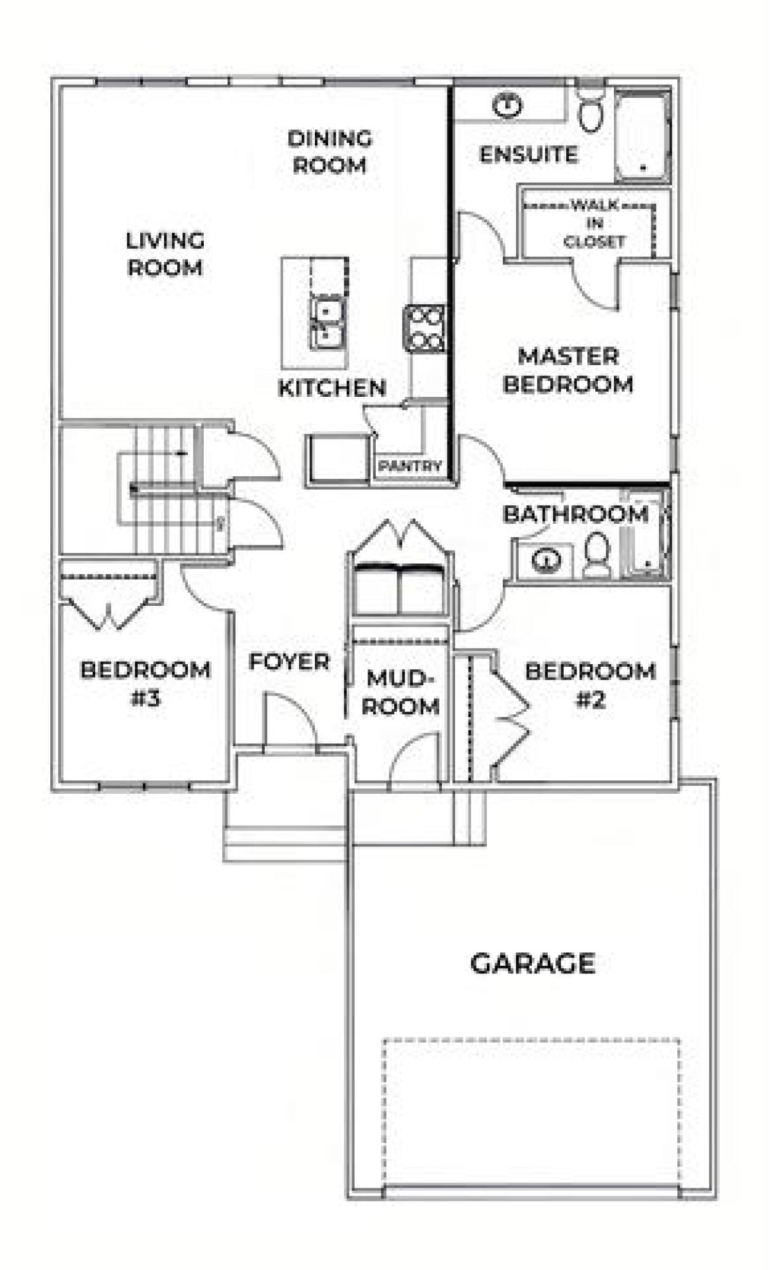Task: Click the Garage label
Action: [x=533, y=963]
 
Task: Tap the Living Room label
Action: [x=165, y=254]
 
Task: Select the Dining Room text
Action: [x=329, y=152]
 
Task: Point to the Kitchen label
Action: [x=332, y=387]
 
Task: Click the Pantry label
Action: [x=409, y=466]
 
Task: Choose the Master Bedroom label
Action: [x=568, y=370]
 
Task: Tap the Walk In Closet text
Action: [x=594, y=224]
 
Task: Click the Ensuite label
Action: [x=529, y=154]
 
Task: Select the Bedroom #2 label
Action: [x=590, y=685]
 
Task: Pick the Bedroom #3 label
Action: [x=146, y=684]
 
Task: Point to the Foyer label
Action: [x=289, y=662]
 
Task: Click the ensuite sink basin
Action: [x=507, y=104]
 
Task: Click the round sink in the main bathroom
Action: [x=546, y=560]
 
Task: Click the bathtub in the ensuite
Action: [x=642, y=137]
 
